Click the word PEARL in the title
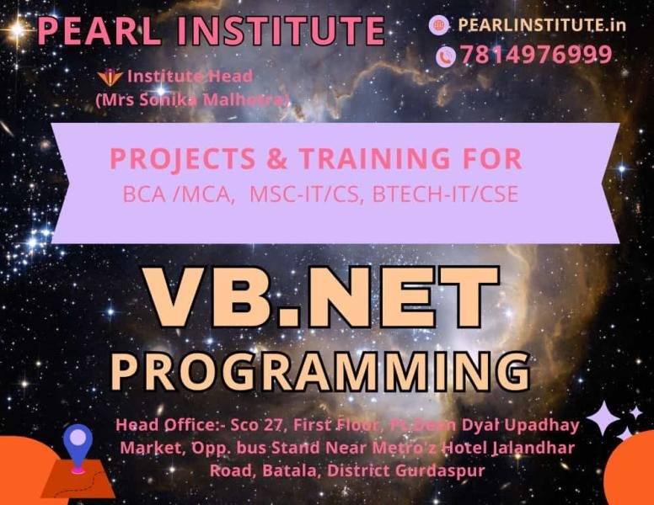click(99, 30)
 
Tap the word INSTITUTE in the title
click(281, 30)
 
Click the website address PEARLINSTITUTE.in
click(542, 25)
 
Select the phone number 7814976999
click(536, 55)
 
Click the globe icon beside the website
click(439, 25)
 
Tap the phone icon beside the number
click(447, 56)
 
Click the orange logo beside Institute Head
click(110, 77)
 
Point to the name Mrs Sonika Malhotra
click(192, 100)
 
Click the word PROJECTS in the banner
click(183, 159)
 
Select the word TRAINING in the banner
click(375, 158)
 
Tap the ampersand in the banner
click(277, 159)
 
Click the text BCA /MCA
click(178, 194)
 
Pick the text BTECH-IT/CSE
click(446, 194)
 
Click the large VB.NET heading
click(320, 297)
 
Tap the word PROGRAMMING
click(320, 372)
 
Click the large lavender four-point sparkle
click(603, 418)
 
